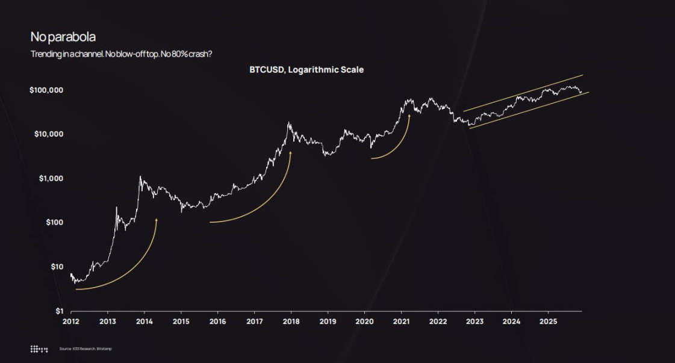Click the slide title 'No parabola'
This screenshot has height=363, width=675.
click(63, 37)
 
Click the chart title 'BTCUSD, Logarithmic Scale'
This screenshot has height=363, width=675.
click(306, 70)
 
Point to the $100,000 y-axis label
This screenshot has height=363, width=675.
click(47, 90)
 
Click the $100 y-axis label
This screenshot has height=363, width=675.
click(54, 223)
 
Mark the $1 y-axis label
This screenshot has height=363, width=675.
click(58, 311)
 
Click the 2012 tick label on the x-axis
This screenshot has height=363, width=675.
click(71, 322)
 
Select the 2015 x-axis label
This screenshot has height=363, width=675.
click(181, 322)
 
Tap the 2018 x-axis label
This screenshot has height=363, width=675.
click(291, 322)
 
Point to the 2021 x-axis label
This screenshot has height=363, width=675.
click(401, 322)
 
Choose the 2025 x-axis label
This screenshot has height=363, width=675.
click(548, 322)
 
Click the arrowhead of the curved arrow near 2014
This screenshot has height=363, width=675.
click(157, 220)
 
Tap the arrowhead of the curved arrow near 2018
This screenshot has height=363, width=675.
click(291, 153)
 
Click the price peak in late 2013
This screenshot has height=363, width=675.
click(140, 177)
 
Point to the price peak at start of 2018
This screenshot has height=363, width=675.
click(290, 123)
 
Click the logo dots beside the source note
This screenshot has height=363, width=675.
click(39, 349)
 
